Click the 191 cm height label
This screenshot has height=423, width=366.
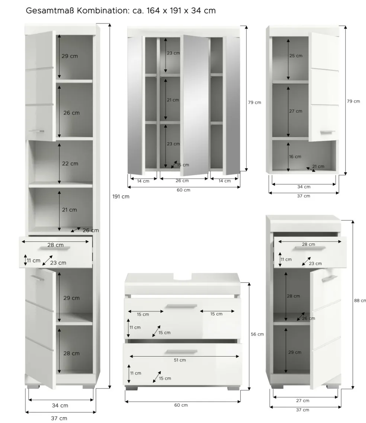pos(121,197)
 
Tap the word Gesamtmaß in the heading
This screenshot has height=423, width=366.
pos(50,11)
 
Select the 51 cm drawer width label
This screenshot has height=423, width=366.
pos(180,360)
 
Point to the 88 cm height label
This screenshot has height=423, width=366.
pos(360,300)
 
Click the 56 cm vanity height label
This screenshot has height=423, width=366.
pos(257,334)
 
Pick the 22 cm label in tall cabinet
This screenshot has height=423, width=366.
pos(70,164)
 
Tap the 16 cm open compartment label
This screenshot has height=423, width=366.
pos(295,157)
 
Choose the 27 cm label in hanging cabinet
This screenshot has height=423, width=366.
pos(296,111)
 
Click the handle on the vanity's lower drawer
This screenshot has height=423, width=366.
pos(182,352)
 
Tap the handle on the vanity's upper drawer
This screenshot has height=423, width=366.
pos(182,306)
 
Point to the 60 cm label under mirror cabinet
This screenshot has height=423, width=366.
pos(183,190)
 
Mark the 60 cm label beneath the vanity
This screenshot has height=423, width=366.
pos(181,405)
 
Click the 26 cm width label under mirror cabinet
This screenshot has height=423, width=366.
pos(182,181)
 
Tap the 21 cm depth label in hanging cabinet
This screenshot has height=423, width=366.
pos(318,166)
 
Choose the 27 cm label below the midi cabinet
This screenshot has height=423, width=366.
pos(302,401)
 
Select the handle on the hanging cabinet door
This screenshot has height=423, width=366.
pos(327,132)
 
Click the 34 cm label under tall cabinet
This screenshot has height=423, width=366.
pos(60,406)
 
